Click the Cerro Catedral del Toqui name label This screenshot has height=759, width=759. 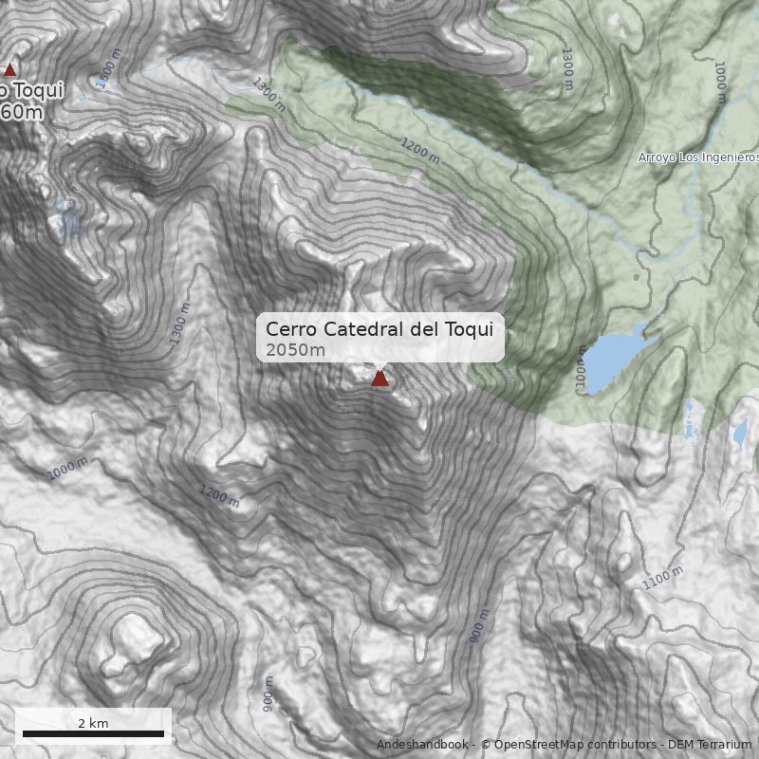click(379, 329)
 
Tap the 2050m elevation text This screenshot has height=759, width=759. click(295, 350)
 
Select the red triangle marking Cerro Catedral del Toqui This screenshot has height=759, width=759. click(379, 378)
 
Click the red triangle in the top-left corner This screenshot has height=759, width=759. click(9, 69)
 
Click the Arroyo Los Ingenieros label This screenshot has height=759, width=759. click(698, 157)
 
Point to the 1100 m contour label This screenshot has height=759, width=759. click(662, 578)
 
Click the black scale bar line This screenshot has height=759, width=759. click(93, 733)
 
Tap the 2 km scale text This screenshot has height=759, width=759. click(93, 723)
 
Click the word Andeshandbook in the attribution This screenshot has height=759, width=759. click(423, 745)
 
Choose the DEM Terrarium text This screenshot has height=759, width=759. click(710, 745)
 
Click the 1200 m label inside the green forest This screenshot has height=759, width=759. click(420, 151)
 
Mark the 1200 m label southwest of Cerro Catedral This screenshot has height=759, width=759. click(219, 495)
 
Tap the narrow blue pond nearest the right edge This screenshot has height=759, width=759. click(740, 433)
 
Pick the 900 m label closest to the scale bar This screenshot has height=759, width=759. click(268, 694)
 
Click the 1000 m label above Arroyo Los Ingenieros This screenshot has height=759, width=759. click(720, 83)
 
